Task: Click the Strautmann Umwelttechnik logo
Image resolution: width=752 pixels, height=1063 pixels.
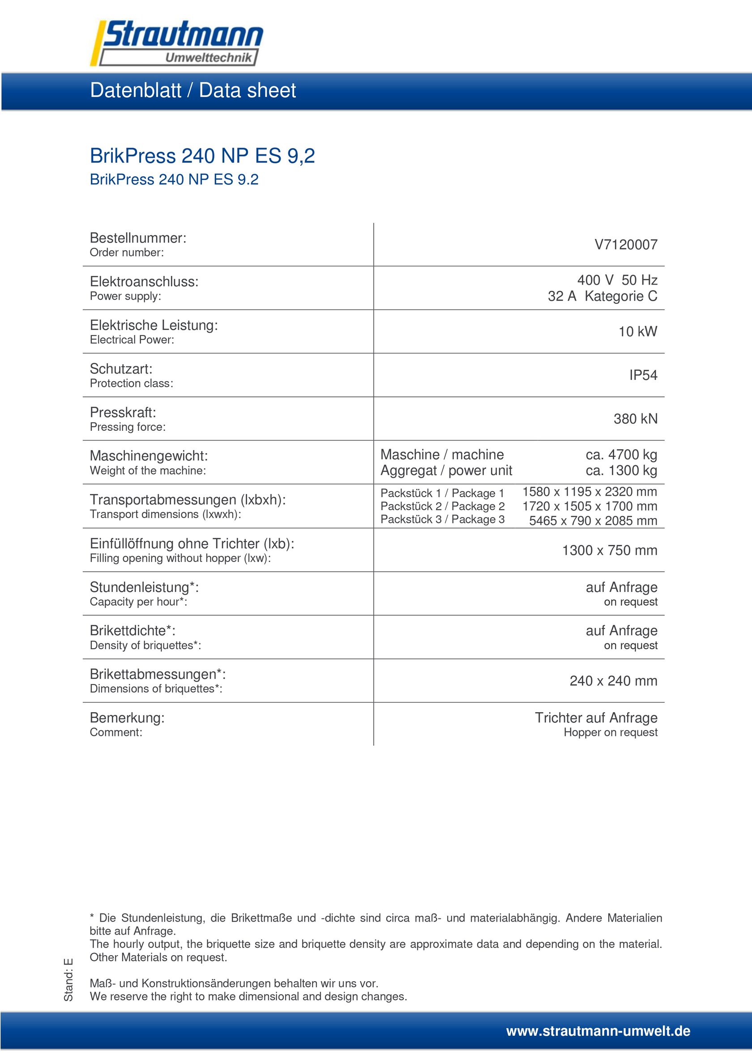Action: click(177, 43)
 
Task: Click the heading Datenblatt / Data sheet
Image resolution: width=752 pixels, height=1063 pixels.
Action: click(193, 90)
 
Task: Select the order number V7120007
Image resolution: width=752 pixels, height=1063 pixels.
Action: click(625, 244)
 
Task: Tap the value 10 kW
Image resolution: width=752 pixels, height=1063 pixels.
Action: click(637, 332)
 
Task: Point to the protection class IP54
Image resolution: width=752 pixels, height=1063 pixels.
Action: click(643, 375)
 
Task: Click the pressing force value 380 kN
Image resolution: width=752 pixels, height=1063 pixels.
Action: click(635, 418)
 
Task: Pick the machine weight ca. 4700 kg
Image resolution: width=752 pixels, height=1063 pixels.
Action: click(621, 455)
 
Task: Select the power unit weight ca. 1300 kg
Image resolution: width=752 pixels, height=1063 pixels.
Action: click(621, 470)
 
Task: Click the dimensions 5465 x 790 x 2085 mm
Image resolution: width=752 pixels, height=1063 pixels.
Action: click(593, 521)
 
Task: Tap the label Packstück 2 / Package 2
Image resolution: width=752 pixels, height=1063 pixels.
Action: click(443, 506)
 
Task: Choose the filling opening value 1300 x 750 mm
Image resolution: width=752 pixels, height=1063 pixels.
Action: click(609, 550)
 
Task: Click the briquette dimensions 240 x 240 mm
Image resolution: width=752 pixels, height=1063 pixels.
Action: click(613, 680)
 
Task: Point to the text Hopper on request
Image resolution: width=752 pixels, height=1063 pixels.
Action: click(610, 732)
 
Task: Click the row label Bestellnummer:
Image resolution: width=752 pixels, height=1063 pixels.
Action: click(138, 238)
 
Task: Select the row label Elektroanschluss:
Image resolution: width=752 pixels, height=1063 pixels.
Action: click(144, 281)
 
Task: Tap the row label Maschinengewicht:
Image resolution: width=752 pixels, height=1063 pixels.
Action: click(149, 455)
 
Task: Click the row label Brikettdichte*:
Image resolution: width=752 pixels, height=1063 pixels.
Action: click(132, 630)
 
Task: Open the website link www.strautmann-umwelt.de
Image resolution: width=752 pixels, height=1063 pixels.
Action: click(598, 1031)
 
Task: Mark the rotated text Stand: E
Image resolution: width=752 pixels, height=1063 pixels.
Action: click(68, 980)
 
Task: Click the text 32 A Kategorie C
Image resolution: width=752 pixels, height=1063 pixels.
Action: click(602, 296)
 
